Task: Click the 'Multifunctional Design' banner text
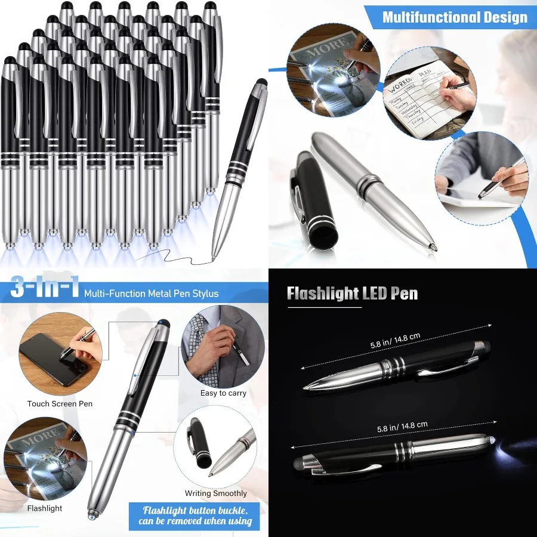[455, 17]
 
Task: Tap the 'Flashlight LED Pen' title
[352, 294]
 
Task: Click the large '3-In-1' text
[45, 289]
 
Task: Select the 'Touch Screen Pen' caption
[60, 404]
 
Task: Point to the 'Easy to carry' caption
[224, 393]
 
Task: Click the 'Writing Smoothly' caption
[215, 493]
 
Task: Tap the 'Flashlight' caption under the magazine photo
[44, 508]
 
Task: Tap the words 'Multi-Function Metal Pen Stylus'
[151, 293]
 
